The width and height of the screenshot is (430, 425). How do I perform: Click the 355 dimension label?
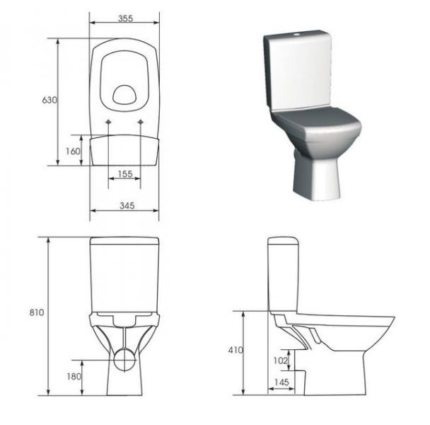(x=126, y=18)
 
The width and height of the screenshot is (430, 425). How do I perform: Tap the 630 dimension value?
(x=50, y=100)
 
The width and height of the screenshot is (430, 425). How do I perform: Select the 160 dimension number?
(x=73, y=151)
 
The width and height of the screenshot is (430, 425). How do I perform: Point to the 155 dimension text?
(x=125, y=174)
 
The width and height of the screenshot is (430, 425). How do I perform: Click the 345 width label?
(x=127, y=205)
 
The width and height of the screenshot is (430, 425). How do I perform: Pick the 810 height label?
(x=37, y=312)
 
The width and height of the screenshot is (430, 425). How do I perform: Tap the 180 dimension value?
(x=74, y=376)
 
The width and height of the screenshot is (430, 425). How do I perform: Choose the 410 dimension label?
(x=236, y=350)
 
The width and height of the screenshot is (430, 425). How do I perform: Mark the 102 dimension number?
(x=280, y=360)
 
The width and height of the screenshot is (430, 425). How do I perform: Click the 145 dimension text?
(x=281, y=382)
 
